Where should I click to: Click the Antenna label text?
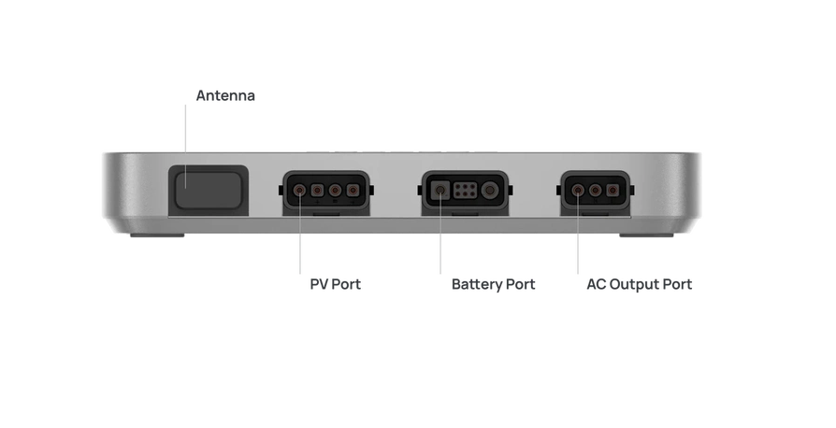tap(225, 96)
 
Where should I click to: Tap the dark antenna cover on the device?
tap(209, 190)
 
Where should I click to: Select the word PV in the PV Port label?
tap(319, 284)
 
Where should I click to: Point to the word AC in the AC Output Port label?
tap(596, 284)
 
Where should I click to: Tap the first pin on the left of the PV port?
tap(301, 190)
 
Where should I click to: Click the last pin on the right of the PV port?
tap(353, 190)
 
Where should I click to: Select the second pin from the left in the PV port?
tap(318, 190)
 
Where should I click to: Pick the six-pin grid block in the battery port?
tap(465, 191)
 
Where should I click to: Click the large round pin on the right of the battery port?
tap(489, 190)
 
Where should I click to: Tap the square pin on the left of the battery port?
tap(440, 190)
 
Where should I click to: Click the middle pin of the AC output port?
tap(595, 190)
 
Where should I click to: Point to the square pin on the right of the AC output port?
tap(613, 190)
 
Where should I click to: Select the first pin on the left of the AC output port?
tap(578, 190)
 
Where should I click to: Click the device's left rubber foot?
tap(157, 235)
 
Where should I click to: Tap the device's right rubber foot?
tap(646, 235)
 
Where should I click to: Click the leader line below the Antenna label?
tap(185, 146)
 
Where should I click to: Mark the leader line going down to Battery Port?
tap(440, 233)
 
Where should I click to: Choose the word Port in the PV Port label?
tap(347, 285)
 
